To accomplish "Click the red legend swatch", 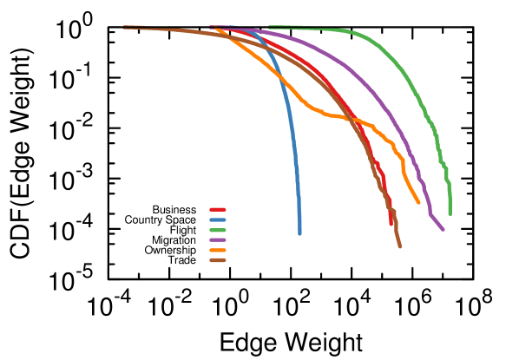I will pos(217,210).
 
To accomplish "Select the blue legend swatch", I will pos(217,219).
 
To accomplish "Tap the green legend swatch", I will pos(217,230).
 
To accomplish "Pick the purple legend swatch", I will pos(217,239).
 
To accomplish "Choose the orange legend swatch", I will pos(217,250).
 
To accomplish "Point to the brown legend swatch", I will pos(217,259).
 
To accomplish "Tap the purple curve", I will pos(373,91).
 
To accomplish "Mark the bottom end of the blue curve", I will pos(299,233).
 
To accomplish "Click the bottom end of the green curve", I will pos(450,213).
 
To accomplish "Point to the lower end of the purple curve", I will pos(443,229).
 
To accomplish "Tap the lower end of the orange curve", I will pos(419,203).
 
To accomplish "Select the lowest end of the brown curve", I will pos(400,246).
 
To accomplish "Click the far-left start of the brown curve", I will pos(124,29).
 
